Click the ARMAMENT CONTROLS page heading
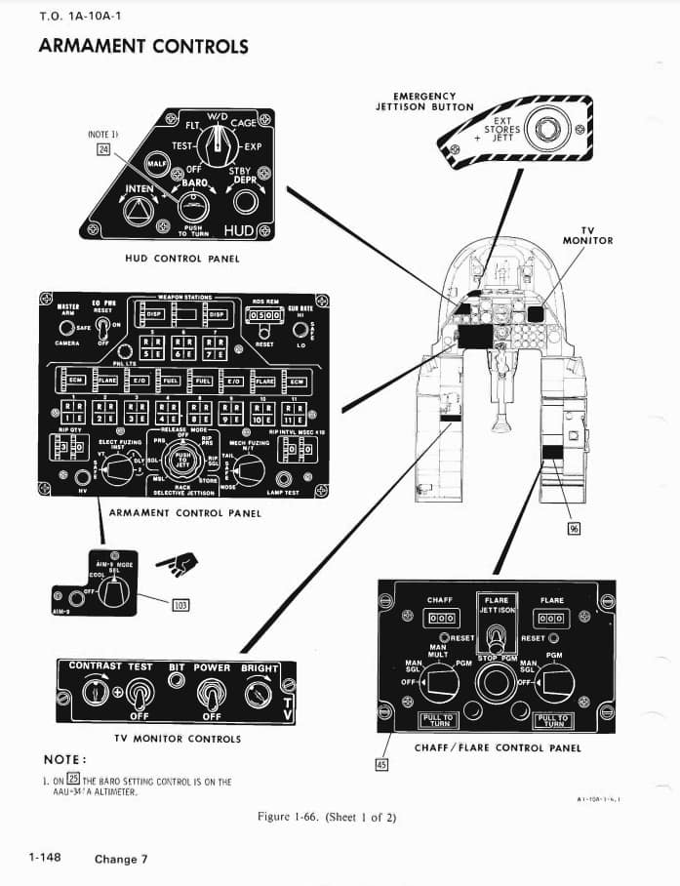click(x=142, y=46)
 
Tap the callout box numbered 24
click(x=103, y=149)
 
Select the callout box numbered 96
click(x=574, y=528)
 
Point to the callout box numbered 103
click(x=180, y=604)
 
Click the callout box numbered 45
click(x=382, y=764)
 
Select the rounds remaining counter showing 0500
click(x=264, y=316)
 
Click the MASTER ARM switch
click(x=66, y=327)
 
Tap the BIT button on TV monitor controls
click(x=177, y=680)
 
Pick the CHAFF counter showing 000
click(x=439, y=619)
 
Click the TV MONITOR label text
click(x=587, y=235)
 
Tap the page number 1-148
click(x=45, y=857)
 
